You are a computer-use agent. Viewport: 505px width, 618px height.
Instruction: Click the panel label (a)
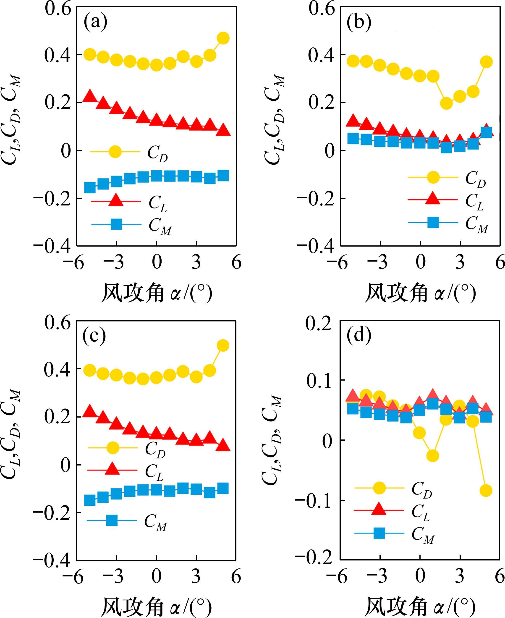click(x=95, y=22)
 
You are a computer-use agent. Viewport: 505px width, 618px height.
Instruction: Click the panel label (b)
click(x=359, y=22)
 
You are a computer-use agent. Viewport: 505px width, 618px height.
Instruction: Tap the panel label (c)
click(x=94, y=335)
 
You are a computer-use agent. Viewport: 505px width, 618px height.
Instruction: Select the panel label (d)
click(x=359, y=335)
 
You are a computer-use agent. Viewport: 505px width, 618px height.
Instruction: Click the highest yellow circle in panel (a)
click(x=223, y=38)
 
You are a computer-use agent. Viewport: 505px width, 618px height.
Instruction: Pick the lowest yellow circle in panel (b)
click(x=446, y=103)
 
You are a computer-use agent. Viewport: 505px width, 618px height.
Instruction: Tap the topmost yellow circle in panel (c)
click(x=223, y=345)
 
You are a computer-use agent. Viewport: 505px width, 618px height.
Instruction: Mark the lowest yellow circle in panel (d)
click(x=486, y=491)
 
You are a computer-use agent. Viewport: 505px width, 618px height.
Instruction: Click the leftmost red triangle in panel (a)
click(x=90, y=96)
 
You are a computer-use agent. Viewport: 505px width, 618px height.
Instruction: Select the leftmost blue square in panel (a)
click(x=90, y=187)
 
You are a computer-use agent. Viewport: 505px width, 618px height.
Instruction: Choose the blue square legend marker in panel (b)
click(x=433, y=222)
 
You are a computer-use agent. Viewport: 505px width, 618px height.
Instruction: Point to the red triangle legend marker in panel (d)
click(x=379, y=509)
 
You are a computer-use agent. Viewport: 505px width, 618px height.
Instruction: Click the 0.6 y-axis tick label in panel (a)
click(x=58, y=9)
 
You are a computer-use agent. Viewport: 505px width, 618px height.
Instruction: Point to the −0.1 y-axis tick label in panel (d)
click(x=313, y=501)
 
